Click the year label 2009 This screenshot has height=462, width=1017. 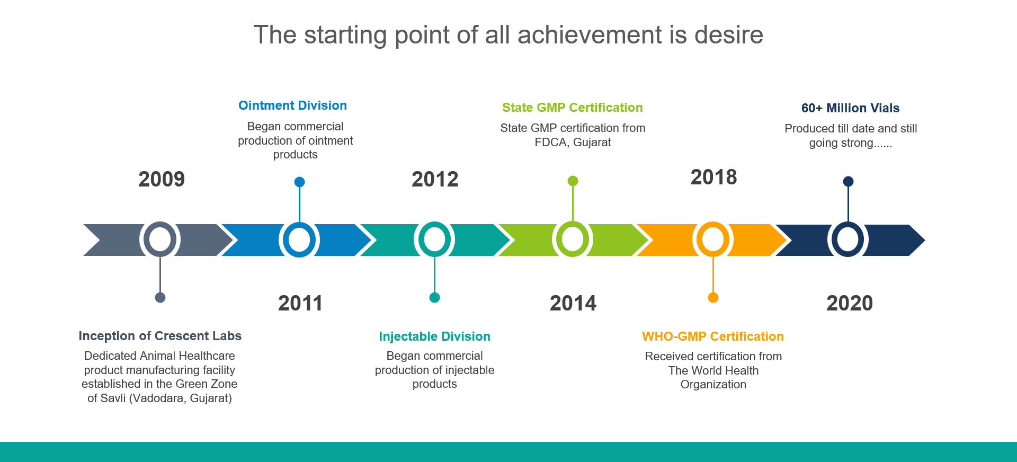click(x=162, y=179)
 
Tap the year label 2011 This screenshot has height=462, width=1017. click(x=300, y=303)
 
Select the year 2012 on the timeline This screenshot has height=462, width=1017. click(x=435, y=179)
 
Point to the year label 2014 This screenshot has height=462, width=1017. click(x=573, y=303)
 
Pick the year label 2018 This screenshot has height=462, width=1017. click(x=713, y=177)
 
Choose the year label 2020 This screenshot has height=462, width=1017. click(x=850, y=303)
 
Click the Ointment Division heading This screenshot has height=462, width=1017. click(x=292, y=105)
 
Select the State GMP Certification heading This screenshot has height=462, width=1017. click(x=573, y=108)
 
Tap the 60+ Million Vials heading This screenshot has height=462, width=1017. click(x=850, y=108)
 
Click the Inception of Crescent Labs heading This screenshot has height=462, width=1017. click(x=160, y=336)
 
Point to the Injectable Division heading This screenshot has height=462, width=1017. click(x=434, y=336)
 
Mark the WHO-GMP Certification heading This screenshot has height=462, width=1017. click(x=713, y=336)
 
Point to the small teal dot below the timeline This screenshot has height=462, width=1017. click(x=434, y=297)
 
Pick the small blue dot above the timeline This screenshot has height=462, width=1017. click(x=299, y=182)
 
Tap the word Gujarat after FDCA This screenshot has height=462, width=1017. click(x=592, y=142)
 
